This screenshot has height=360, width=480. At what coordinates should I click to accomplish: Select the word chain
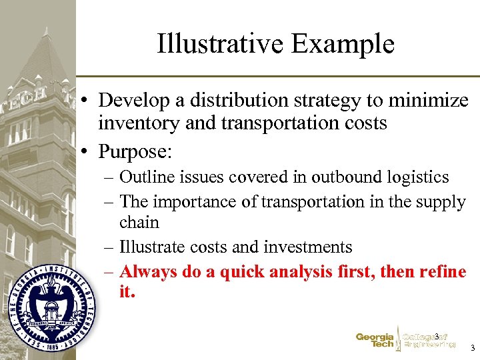click(139, 222)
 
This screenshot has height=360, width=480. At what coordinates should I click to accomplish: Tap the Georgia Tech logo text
click(374, 341)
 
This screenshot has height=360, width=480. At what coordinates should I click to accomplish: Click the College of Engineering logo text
click(429, 341)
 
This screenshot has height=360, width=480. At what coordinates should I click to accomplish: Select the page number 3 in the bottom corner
click(472, 349)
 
